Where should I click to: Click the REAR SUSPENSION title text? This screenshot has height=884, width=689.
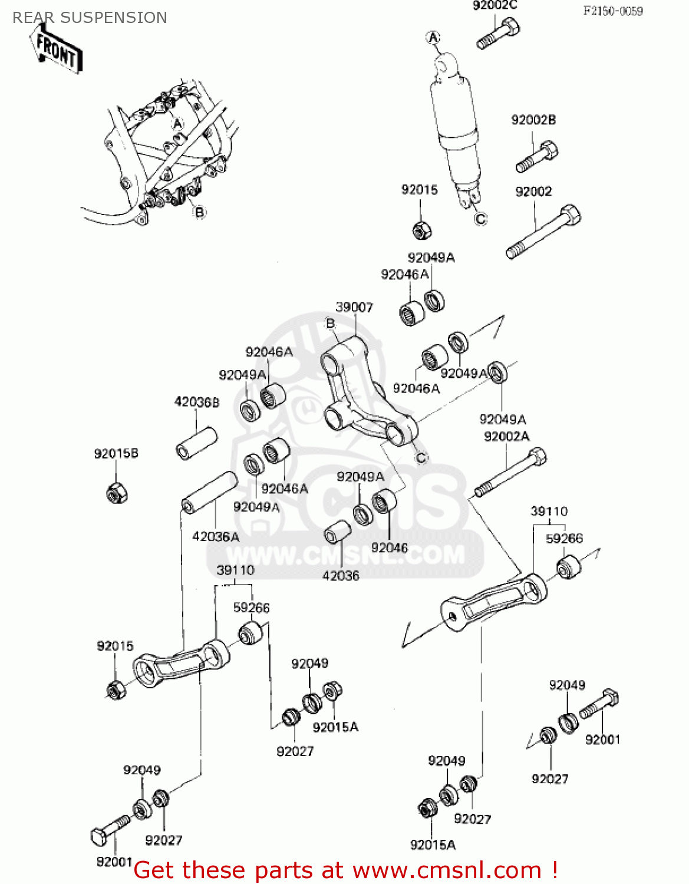tap(90, 18)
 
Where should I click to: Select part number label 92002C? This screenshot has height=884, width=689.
tap(495, 6)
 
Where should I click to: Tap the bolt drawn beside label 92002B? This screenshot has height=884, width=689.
tap(537, 157)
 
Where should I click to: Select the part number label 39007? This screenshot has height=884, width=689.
tap(354, 307)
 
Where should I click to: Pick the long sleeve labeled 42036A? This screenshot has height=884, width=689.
tap(209, 492)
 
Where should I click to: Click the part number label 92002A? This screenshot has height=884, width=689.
tap(506, 437)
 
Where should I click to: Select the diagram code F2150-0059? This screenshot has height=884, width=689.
tap(613, 11)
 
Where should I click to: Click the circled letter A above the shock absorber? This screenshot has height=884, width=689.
tap(433, 38)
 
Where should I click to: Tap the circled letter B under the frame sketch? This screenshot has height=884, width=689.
tap(200, 212)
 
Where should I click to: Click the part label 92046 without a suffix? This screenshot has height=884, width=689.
tap(389, 547)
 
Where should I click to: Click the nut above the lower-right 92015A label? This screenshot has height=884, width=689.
tap(426, 808)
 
